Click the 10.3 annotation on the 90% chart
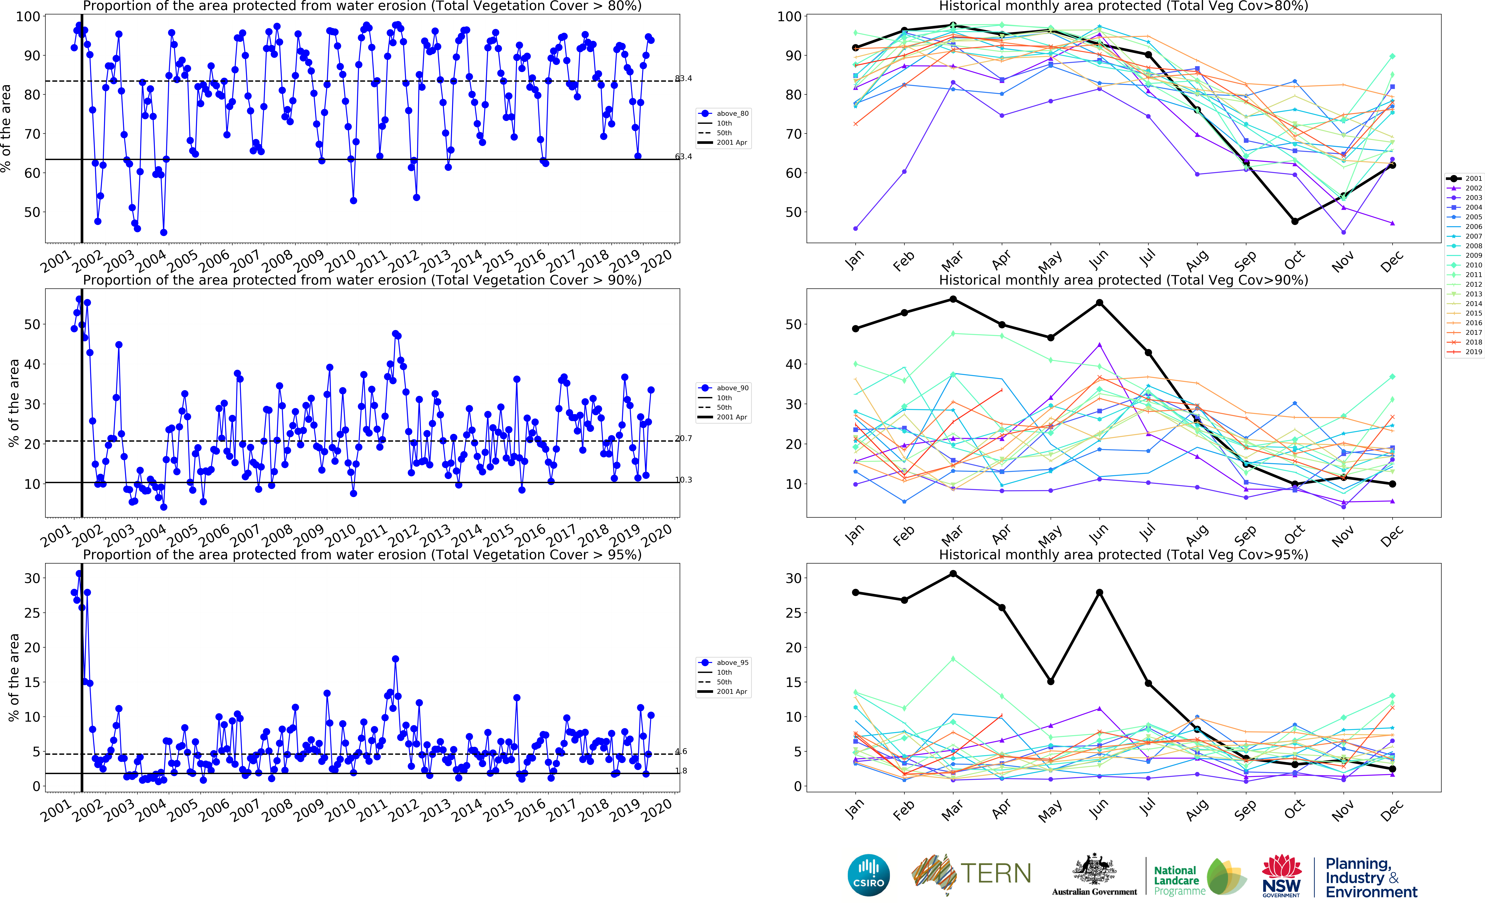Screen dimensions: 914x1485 pos(683,480)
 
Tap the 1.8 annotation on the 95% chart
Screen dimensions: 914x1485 pos(681,771)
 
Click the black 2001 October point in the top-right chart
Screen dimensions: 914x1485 pos(1294,221)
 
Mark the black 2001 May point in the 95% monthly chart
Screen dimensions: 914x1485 pos(1051,681)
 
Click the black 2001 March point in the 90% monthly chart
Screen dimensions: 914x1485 pos(953,299)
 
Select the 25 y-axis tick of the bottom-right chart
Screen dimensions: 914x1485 pos(793,613)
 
